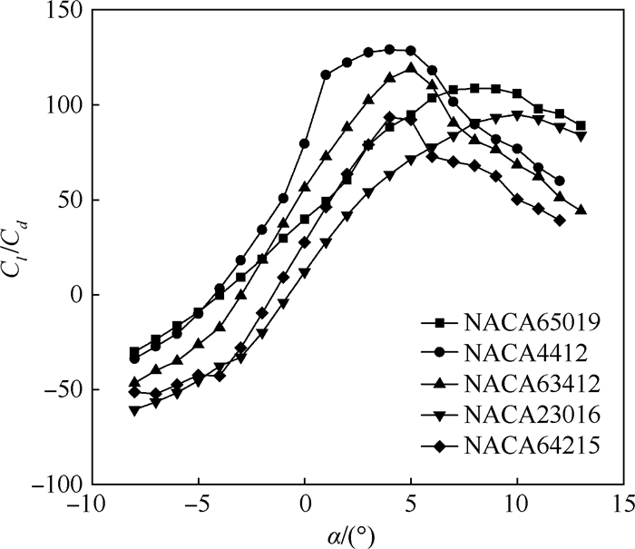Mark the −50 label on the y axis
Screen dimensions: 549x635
click(61, 389)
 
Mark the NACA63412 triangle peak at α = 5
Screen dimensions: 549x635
click(411, 67)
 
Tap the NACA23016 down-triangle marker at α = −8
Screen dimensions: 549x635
click(134, 410)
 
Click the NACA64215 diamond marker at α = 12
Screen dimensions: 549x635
click(560, 221)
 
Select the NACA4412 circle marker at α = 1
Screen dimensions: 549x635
click(326, 75)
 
